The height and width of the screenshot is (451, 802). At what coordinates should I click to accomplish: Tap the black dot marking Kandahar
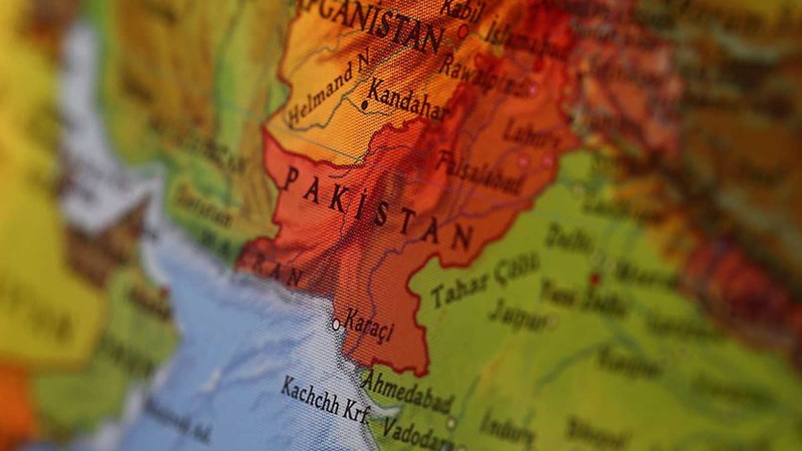click(x=364, y=105)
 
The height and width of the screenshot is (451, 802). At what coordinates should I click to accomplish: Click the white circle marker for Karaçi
click(x=336, y=325)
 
